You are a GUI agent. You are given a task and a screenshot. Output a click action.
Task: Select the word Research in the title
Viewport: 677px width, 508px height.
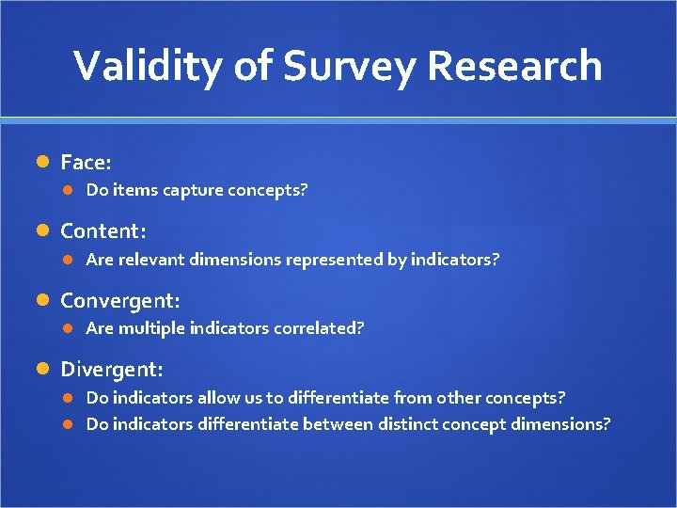coord(515,66)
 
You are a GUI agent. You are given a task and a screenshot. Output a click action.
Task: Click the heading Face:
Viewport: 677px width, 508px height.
coord(86,162)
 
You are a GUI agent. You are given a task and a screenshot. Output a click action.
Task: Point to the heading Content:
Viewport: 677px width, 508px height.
coord(102,230)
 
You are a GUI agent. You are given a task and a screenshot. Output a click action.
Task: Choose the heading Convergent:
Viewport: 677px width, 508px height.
coord(119,300)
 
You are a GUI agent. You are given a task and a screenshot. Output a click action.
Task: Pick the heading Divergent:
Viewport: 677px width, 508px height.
coord(111,369)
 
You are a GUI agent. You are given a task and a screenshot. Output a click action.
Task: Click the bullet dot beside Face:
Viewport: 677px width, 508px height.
coord(42,163)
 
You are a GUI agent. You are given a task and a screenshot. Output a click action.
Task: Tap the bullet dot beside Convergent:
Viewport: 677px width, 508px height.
coord(42,301)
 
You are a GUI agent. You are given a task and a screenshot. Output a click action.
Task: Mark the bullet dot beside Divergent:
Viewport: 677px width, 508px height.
coord(42,370)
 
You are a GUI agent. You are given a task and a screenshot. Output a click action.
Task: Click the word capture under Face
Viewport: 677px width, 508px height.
coord(192,191)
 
